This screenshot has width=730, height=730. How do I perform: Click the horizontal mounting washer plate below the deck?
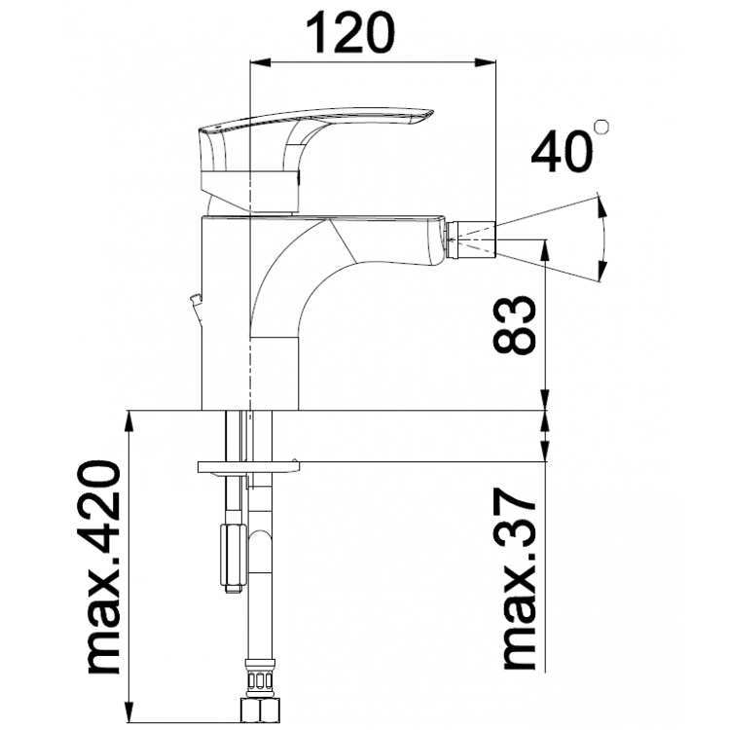(247, 466)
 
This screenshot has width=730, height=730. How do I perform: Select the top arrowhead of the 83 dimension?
(545, 244)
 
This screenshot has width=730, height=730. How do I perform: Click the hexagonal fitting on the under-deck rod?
(232, 556)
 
